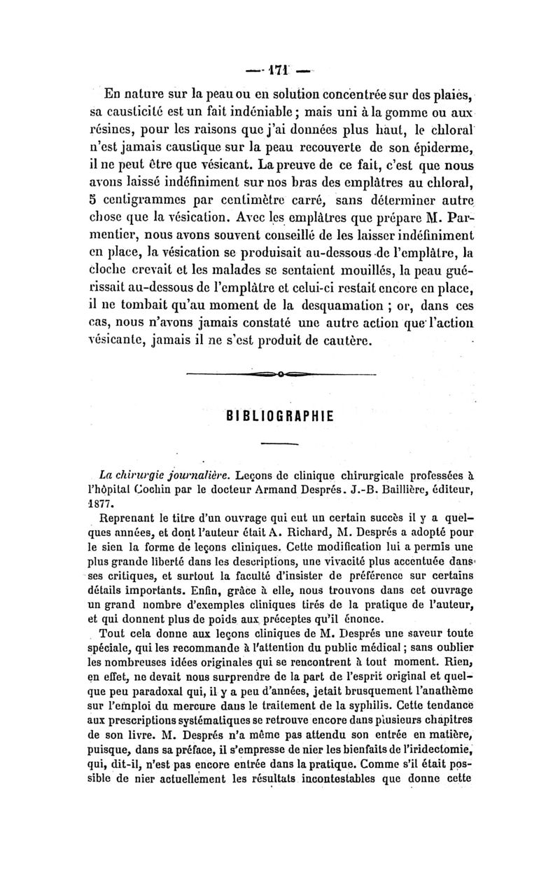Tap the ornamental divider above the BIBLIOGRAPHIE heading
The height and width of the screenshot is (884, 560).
pos(280,375)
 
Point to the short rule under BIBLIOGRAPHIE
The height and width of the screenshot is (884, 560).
pos(279,443)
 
